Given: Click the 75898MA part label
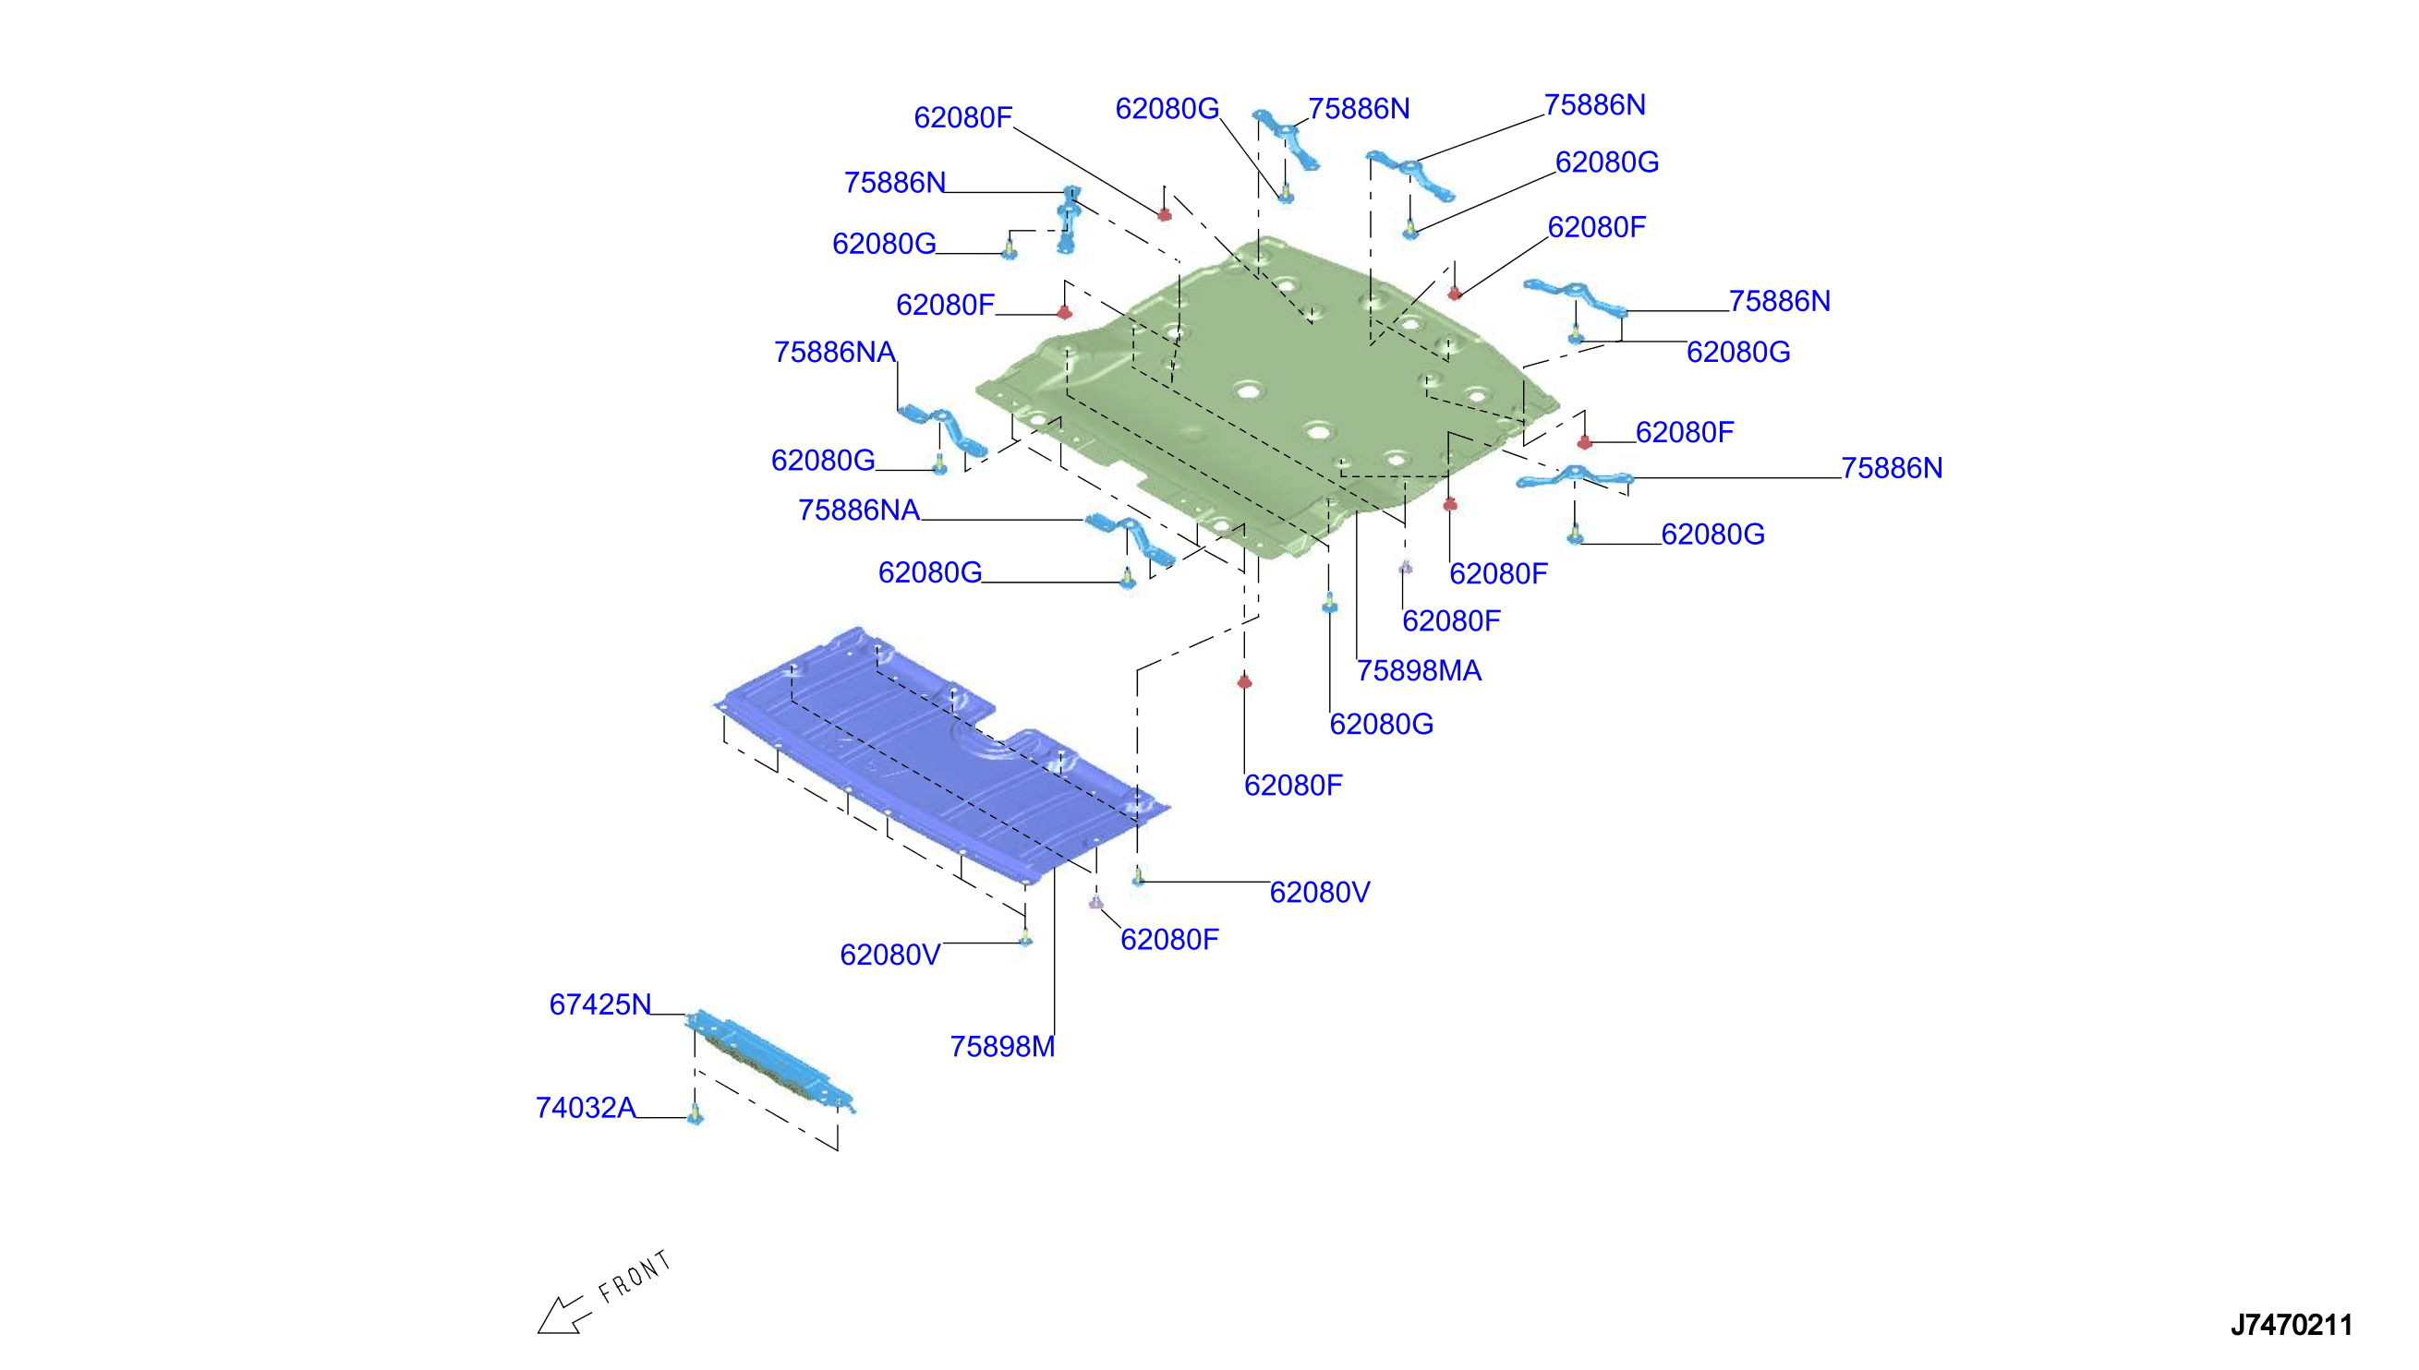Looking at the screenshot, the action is pos(1419,671).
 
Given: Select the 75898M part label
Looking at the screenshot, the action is pos(1002,1046).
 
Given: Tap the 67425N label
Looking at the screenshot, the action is pos(600,1004).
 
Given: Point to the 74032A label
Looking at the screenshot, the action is pos(586,1108).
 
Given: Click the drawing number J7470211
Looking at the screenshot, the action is pos(2291,1325).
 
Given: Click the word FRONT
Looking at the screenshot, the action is pos(635,1276).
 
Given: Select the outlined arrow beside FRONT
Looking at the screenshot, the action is pos(563,1315).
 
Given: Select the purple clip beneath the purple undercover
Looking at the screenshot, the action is pos(1095,902).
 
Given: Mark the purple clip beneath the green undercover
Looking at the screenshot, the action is pos(1405,567).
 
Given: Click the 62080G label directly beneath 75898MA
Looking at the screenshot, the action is pos(1381,724).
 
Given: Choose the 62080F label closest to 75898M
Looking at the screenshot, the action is pos(1169,939).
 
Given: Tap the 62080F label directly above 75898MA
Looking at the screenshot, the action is pos(1451,621).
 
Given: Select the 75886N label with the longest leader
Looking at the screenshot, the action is pos(1892,468).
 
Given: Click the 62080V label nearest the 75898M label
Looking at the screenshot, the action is pos(890,955).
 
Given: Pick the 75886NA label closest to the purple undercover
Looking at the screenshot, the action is pos(858,510).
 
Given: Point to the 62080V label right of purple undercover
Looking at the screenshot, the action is pos(1320,892).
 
